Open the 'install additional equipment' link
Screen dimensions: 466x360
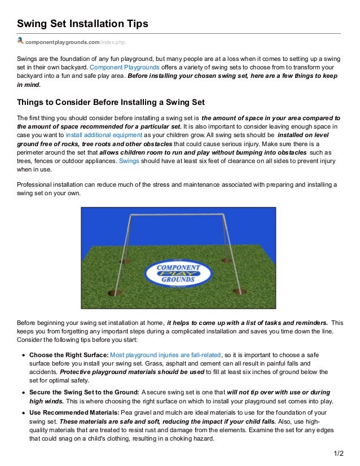pos(103,135)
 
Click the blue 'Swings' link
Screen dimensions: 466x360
pos(129,161)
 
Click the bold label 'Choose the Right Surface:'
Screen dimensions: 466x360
pos(68,355)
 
